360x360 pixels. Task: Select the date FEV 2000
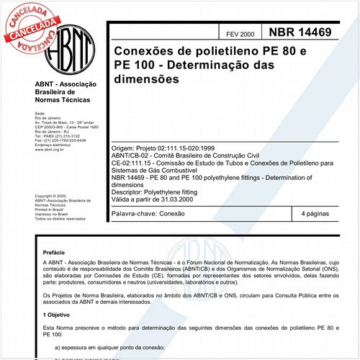(x=239, y=35)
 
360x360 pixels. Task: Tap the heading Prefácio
(x=55, y=253)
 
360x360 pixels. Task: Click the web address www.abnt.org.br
(x=50, y=149)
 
